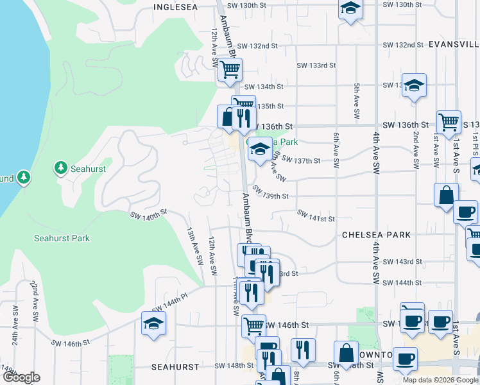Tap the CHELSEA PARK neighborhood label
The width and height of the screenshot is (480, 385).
click(376, 235)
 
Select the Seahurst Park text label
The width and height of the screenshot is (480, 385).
click(62, 238)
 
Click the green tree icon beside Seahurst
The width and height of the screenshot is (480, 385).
click(61, 168)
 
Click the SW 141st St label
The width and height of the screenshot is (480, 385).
click(315, 216)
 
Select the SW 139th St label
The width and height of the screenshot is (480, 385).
click(270, 193)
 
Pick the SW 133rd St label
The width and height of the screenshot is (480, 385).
click(316, 65)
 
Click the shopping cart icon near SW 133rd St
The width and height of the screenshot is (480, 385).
click(229, 68)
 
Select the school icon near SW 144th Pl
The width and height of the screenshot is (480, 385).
click(154, 323)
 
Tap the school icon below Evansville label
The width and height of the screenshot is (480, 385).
click(414, 85)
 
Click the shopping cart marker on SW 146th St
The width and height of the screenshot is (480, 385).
click(253, 325)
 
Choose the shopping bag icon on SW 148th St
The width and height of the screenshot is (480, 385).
click(346, 352)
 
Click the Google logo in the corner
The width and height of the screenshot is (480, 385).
click(21, 377)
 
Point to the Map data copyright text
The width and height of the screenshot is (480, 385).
click(440, 380)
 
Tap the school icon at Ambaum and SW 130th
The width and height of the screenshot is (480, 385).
click(350, 8)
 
